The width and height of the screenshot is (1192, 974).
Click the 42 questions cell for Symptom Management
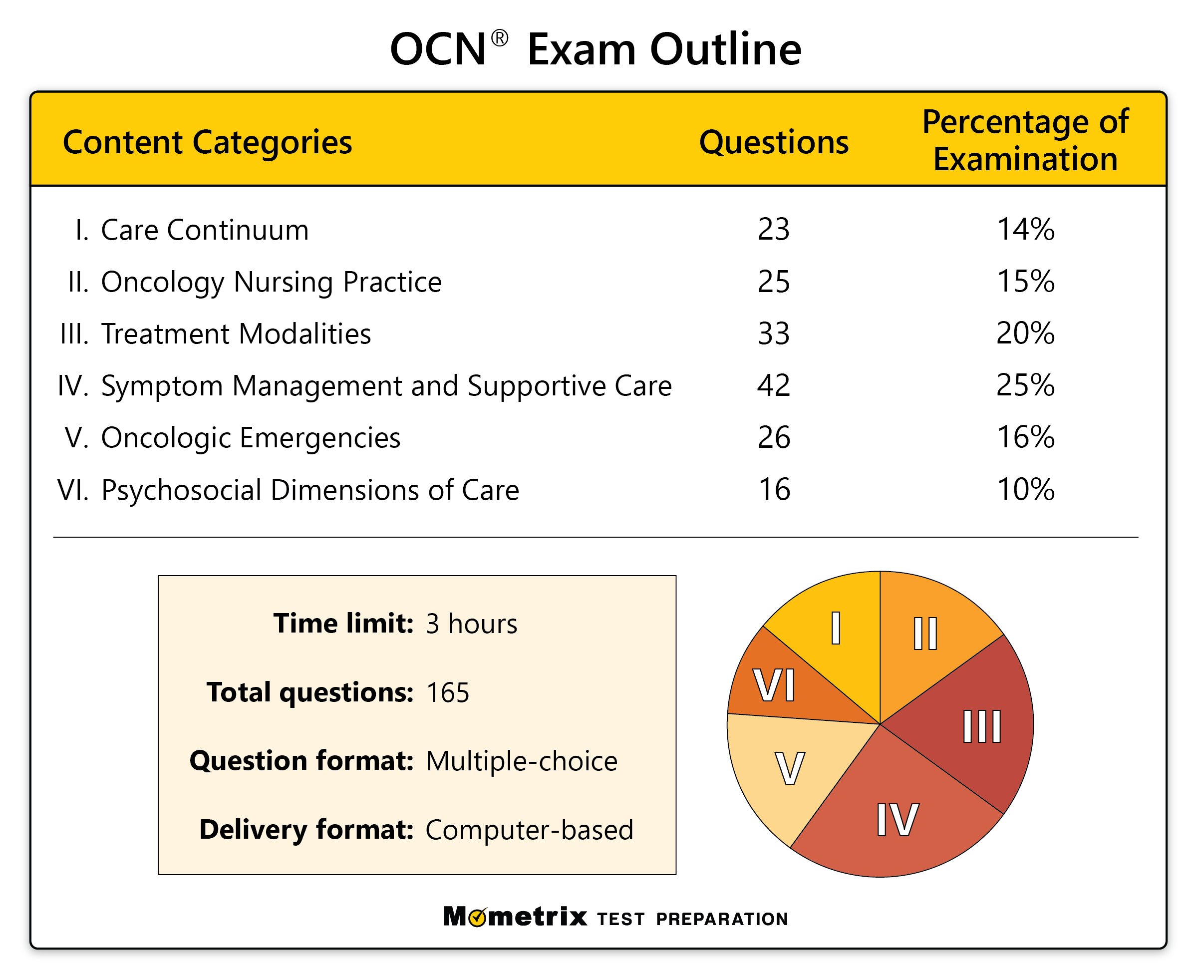click(774, 386)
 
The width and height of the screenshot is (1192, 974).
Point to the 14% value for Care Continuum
click(1025, 230)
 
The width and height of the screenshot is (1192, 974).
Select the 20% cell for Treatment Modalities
click(1025, 334)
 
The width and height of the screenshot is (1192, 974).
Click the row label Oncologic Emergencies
click(250, 438)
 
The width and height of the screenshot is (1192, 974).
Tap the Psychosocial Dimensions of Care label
click(309, 490)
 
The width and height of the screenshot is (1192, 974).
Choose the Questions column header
click(774, 142)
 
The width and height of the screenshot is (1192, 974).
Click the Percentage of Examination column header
click(1025, 140)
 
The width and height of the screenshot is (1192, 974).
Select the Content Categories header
click(208, 142)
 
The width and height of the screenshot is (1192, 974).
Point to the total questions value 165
click(448, 693)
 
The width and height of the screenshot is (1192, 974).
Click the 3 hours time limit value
click(471, 624)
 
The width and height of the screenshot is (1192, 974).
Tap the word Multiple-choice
click(522, 761)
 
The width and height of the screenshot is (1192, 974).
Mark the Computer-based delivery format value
click(529, 830)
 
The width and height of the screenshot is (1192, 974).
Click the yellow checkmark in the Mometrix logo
click(477, 919)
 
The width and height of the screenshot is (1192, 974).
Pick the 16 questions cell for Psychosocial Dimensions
click(774, 490)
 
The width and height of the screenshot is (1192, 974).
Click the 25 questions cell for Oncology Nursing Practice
click(774, 282)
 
